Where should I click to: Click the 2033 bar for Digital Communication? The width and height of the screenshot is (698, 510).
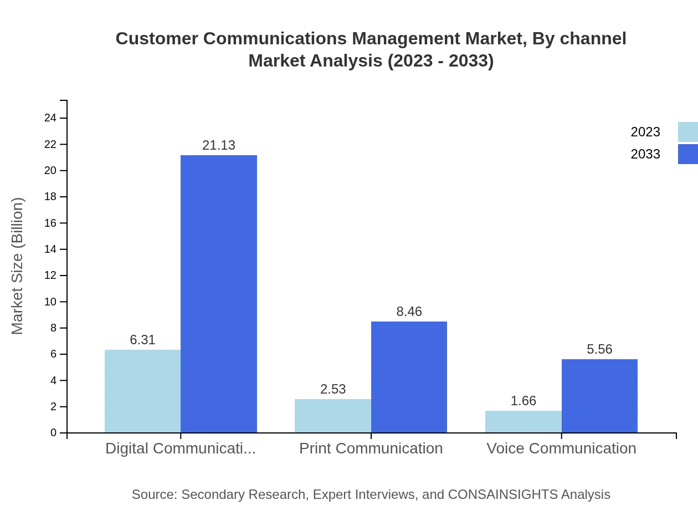point(219,294)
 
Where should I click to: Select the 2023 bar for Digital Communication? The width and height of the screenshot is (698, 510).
point(142,391)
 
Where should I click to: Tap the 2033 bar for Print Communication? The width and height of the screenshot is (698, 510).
point(409,377)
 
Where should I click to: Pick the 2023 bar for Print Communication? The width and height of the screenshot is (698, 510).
point(333,416)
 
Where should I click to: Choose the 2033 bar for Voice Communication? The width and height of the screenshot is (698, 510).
point(599,396)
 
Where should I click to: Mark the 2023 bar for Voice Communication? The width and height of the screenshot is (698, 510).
point(523,421)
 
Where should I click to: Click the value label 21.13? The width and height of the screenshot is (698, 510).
point(219,145)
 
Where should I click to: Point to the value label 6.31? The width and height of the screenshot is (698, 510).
point(142,340)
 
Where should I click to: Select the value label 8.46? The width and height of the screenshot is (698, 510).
point(409,312)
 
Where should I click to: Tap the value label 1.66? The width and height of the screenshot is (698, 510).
point(523,401)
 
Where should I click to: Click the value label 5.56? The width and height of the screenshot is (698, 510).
point(599,349)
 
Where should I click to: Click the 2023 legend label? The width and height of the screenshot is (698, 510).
point(645,132)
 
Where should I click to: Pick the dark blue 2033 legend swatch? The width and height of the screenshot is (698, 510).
point(687,154)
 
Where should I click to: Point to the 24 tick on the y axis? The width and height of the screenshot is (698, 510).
point(50,118)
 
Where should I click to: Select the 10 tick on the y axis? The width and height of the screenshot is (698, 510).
point(50,302)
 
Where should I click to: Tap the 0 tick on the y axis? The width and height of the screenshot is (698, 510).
point(54,432)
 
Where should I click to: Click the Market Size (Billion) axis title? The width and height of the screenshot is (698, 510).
point(17,266)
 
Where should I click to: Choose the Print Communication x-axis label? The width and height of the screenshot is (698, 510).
point(371,448)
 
